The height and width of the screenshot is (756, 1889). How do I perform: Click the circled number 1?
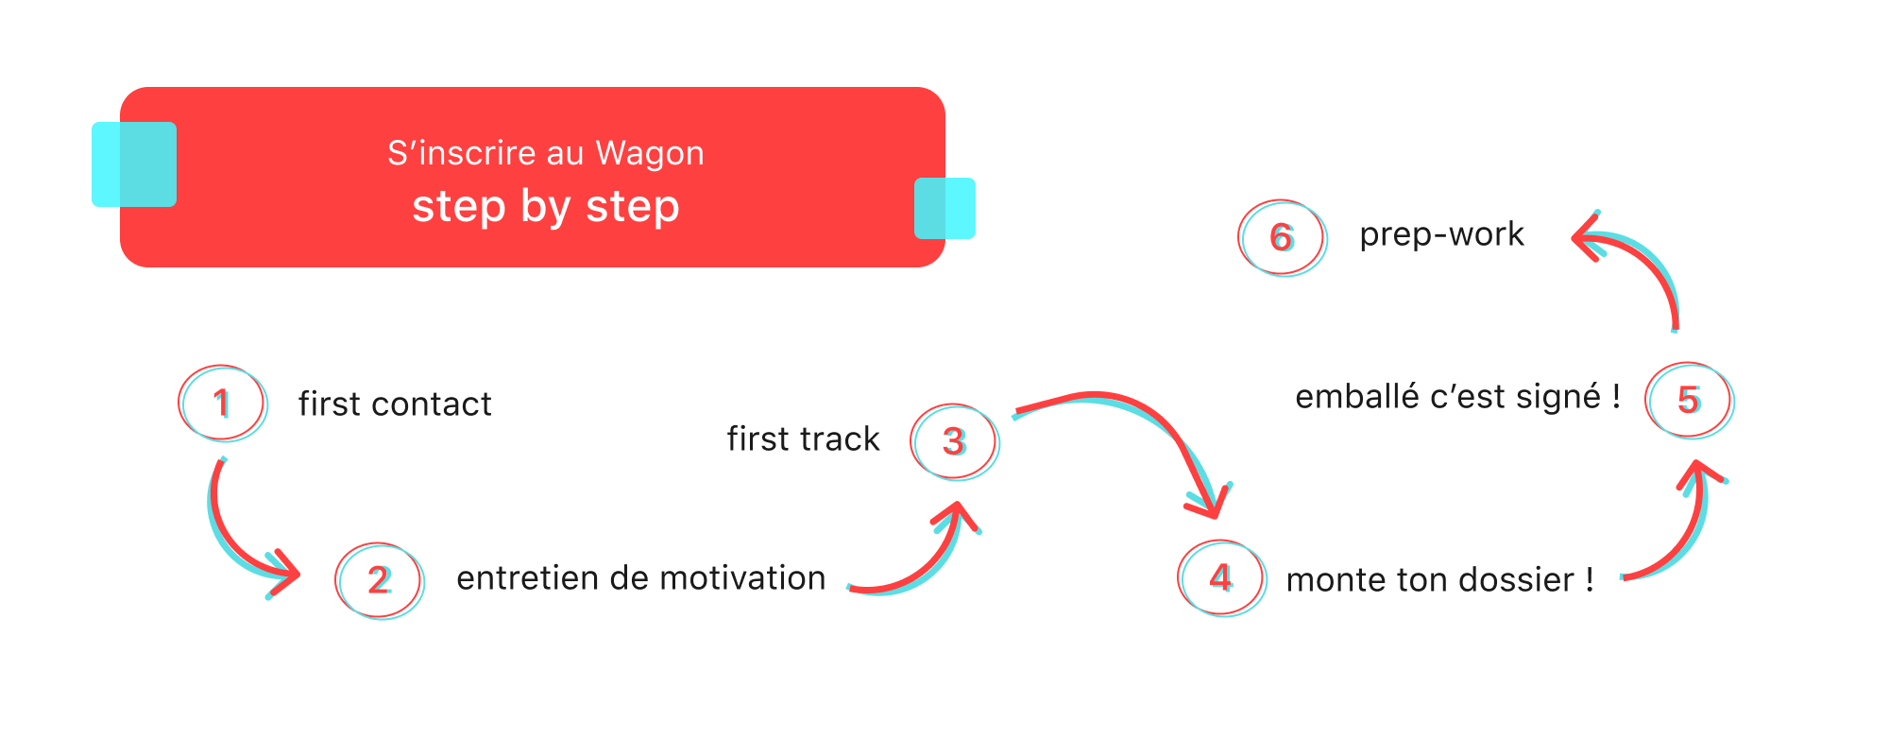pos(222,404)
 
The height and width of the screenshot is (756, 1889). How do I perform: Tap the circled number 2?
pos(379,580)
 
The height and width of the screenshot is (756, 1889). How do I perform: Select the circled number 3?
pos(954,441)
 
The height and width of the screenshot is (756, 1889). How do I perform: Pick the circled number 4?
pos(1221,577)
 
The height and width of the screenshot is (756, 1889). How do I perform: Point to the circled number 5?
pos(1689,400)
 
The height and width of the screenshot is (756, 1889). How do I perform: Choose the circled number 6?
pos(1282,237)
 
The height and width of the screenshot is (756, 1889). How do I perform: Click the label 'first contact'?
pos(395,404)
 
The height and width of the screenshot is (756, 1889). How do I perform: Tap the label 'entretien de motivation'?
pos(640,578)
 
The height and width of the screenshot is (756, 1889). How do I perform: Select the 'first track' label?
pos(803,439)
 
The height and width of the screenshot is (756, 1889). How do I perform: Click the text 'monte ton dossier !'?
pos(1439,580)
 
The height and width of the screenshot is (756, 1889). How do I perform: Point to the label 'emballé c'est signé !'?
pos(1457,397)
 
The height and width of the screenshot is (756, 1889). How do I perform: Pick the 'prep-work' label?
pos(1441,234)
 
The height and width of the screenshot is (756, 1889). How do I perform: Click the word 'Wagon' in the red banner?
pos(650,153)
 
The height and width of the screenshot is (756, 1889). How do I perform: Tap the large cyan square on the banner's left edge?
pos(134,164)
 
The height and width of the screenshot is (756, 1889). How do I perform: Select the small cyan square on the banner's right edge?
pos(944,208)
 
